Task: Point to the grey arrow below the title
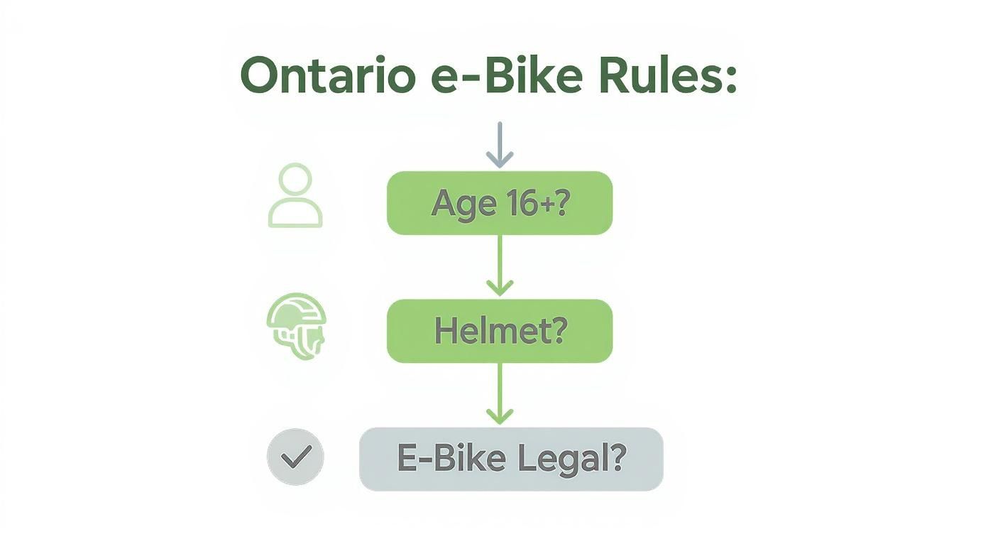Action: (x=500, y=145)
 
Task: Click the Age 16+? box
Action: (x=499, y=203)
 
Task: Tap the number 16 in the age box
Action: (x=520, y=203)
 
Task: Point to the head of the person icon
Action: (x=295, y=179)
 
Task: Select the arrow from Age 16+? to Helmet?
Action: (x=500, y=266)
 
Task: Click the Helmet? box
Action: (x=499, y=331)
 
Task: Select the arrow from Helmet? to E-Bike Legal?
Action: (x=500, y=394)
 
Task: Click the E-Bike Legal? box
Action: (x=511, y=459)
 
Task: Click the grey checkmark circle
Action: (x=295, y=457)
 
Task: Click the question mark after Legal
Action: (x=617, y=459)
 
